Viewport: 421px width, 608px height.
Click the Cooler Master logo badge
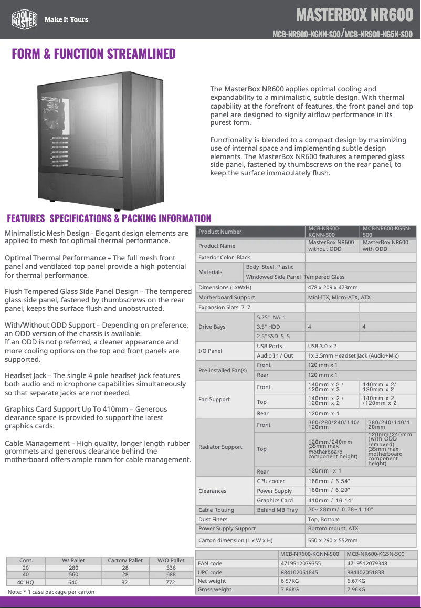click(24, 19)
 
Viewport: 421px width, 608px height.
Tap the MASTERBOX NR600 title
click(354, 14)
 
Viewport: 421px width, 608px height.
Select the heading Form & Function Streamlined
click(94, 54)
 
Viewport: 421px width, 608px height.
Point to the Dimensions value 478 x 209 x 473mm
click(332, 287)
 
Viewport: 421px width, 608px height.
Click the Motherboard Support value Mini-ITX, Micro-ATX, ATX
click(339, 297)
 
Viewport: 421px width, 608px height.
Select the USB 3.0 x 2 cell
click(322, 346)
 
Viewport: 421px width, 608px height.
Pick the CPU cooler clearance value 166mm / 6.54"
click(329, 481)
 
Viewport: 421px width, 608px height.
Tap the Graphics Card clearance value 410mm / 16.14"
click(331, 500)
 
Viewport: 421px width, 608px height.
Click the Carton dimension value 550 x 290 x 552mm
click(333, 540)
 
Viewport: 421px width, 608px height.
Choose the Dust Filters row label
click(213, 519)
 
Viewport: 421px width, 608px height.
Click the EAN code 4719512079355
click(300, 563)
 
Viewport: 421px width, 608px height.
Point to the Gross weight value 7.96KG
click(356, 589)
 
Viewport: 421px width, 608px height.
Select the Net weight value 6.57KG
click(290, 581)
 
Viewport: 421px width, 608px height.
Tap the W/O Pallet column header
click(171, 560)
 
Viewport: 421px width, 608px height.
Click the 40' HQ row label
click(26, 582)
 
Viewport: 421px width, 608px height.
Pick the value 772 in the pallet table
click(171, 582)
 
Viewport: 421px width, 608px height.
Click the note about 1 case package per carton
click(51, 592)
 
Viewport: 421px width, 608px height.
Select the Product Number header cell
click(220, 232)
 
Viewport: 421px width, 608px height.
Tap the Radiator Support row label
click(220, 447)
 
